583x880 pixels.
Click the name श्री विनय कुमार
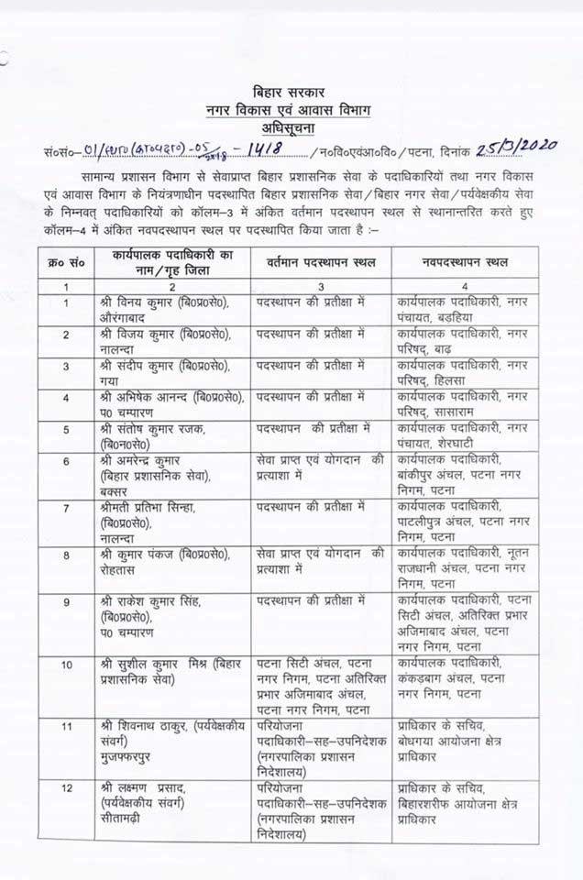point(134,301)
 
